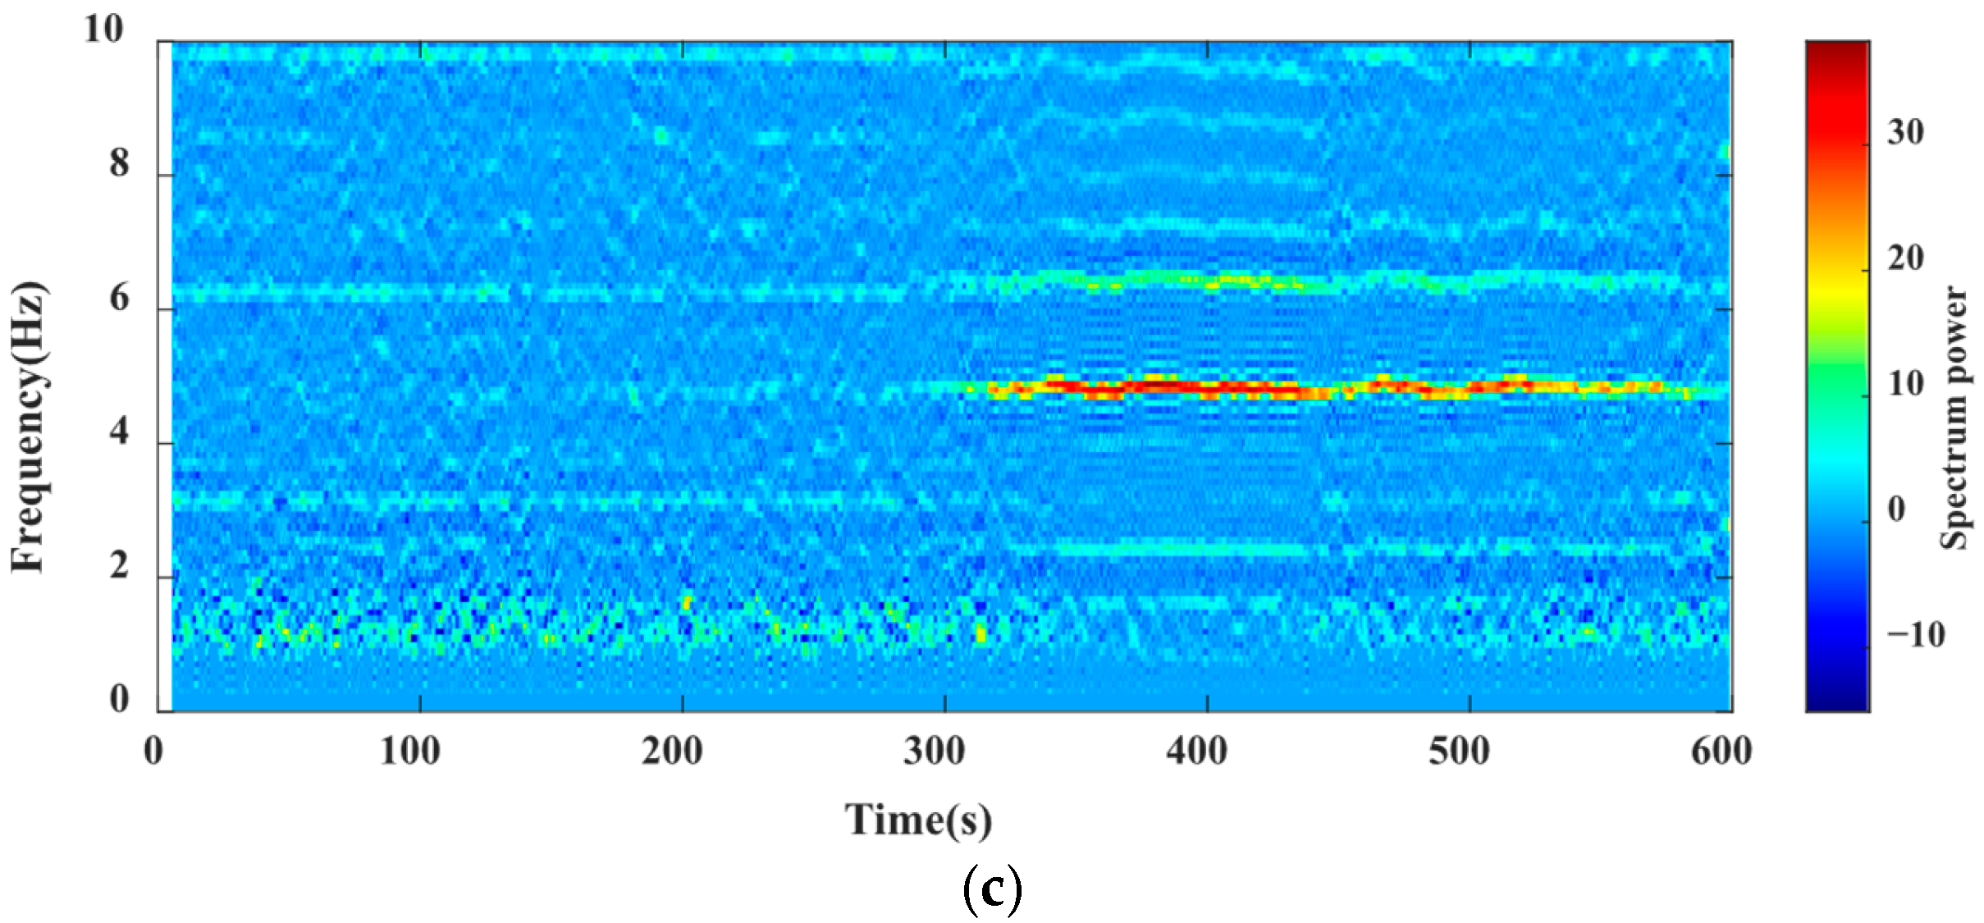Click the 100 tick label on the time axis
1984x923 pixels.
pos(409,751)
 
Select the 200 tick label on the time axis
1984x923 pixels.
pos(672,751)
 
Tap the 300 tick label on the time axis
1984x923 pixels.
pos(935,751)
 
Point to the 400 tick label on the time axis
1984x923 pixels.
pos(1197,751)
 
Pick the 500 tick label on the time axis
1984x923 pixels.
pos(1460,751)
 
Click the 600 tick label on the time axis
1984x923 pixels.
pos(1722,751)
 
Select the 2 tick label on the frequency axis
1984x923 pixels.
pos(120,565)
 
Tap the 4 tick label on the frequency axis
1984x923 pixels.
pos(120,431)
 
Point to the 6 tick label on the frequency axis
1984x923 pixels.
pos(120,297)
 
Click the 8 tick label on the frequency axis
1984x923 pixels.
pos(120,163)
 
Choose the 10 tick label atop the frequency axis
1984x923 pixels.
pos(104,30)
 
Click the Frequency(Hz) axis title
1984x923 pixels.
pos(30,427)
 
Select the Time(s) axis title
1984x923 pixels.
pos(918,820)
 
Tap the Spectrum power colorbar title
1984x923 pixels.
pos(1954,418)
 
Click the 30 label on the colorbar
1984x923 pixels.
pos(1905,132)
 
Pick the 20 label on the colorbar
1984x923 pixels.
pos(1905,258)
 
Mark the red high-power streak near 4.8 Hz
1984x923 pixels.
pos(1165,386)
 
